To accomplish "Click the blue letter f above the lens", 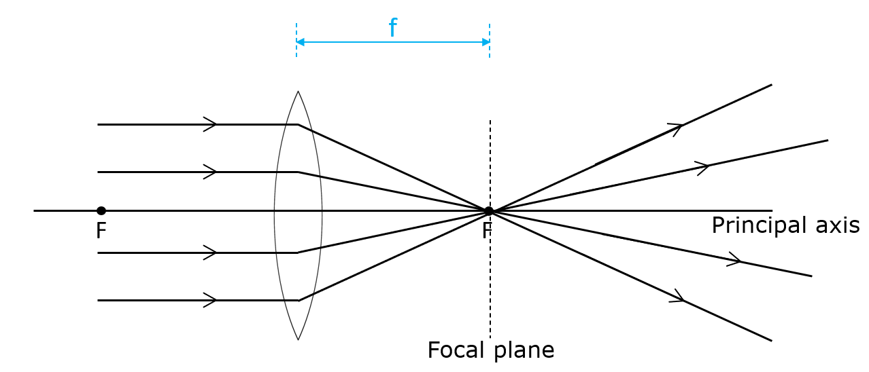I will [392, 28].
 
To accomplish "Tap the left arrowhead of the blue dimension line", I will [301, 42].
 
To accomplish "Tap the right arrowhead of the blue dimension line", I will [485, 42].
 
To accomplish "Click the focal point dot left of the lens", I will [101, 210].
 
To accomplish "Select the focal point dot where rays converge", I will [488, 211].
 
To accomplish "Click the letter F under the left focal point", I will [101, 231].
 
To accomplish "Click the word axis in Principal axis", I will [838, 225].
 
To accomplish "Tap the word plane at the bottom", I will [521, 351].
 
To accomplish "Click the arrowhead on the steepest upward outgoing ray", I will [677, 128].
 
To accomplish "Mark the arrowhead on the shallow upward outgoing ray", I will [704, 166].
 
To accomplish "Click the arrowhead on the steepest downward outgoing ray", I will [679, 297].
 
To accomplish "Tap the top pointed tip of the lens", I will [298, 92].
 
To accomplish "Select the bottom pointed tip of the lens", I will [298, 339].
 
